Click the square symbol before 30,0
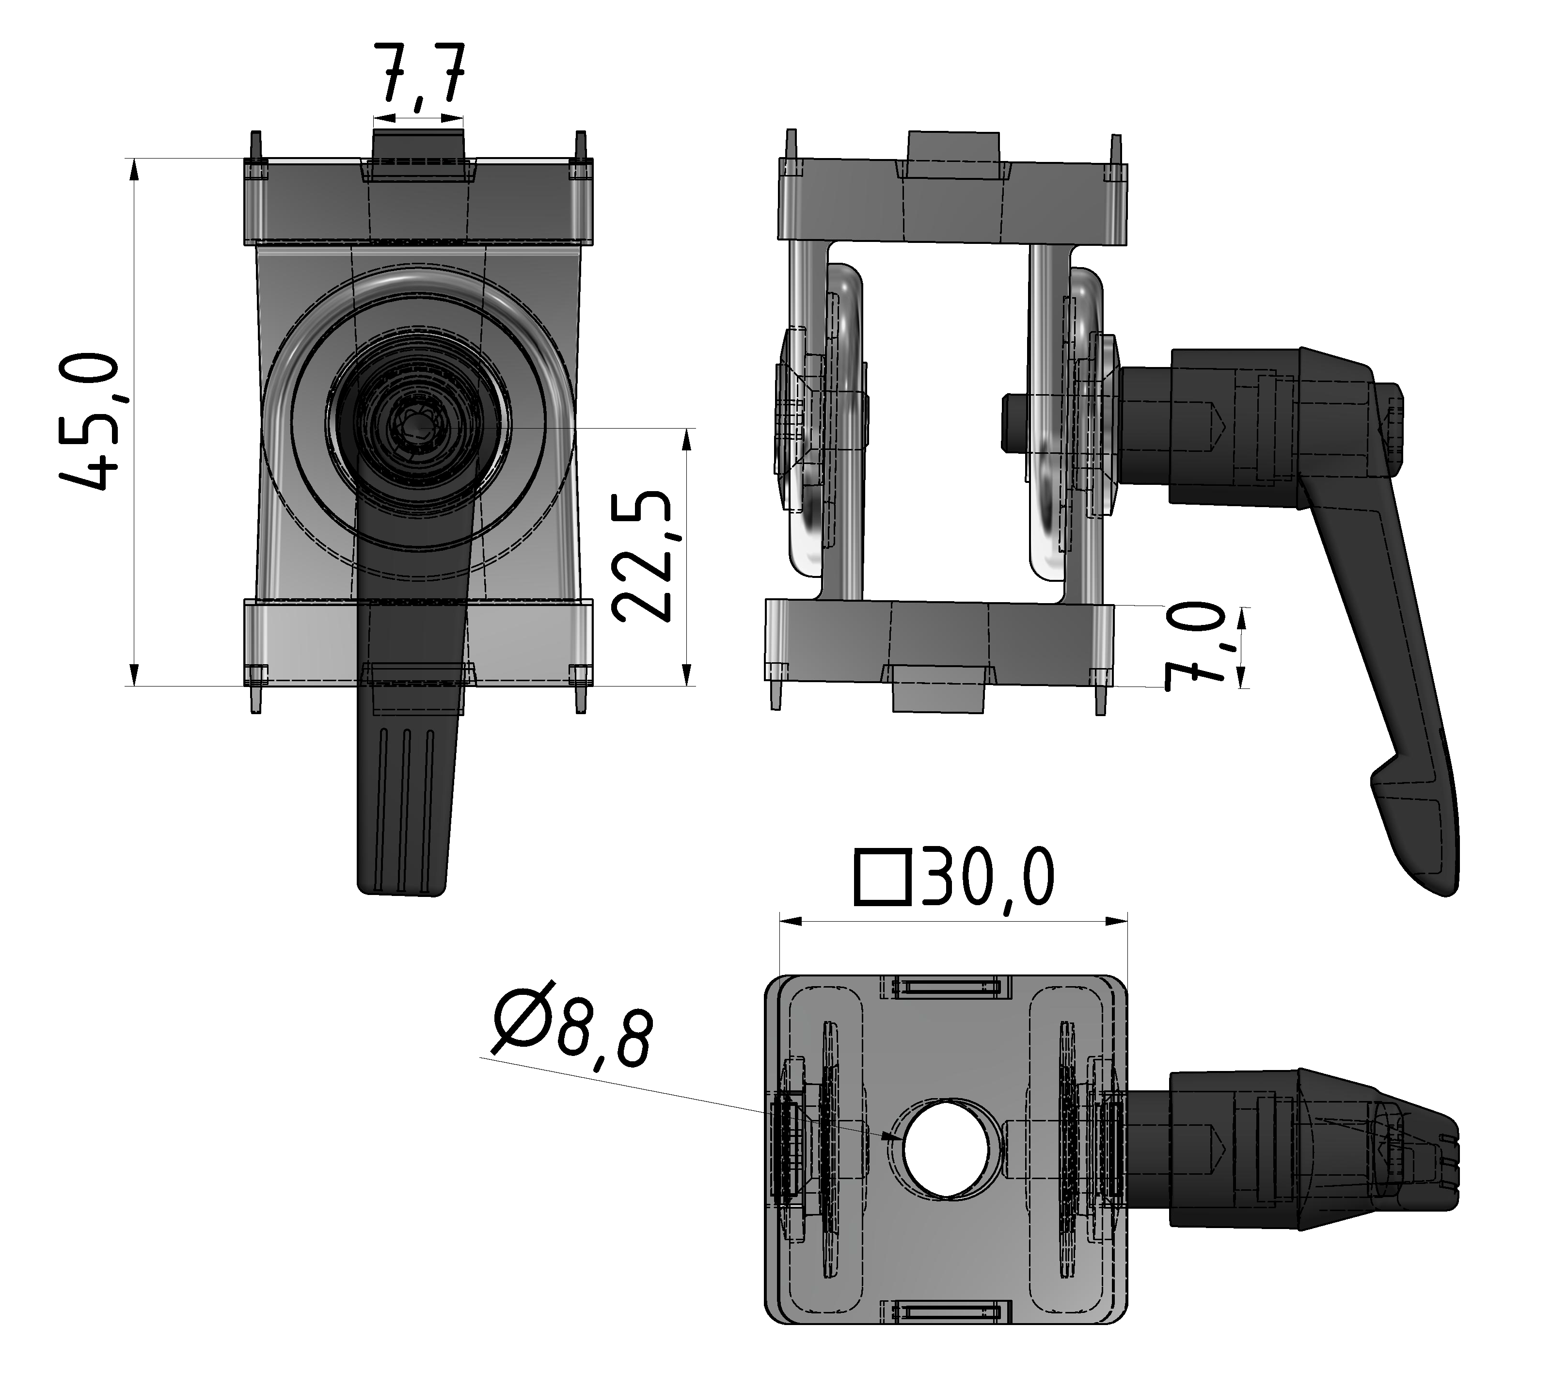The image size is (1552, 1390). tap(883, 879)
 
